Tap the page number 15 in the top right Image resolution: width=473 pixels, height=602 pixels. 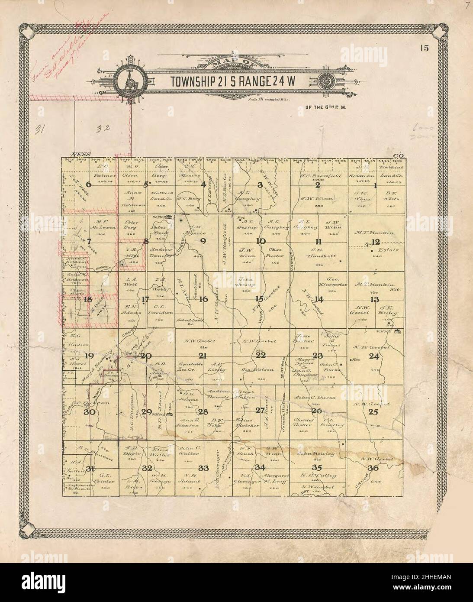(x=423, y=48)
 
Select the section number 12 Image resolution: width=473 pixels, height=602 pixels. (x=375, y=242)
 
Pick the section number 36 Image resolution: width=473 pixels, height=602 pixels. (x=373, y=468)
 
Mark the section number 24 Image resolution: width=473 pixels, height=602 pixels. (x=374, y=356)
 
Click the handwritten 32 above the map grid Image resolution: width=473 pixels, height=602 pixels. (x=103, y=128)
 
